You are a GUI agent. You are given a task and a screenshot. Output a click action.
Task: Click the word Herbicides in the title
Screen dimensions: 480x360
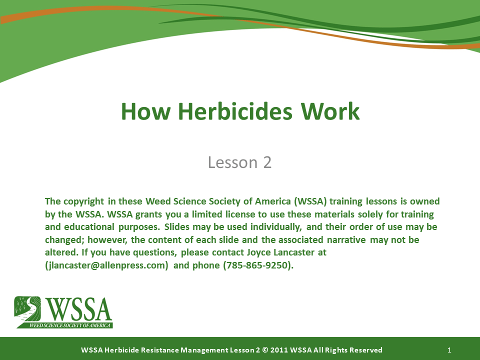235,111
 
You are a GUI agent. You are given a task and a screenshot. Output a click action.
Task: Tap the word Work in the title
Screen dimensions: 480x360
330,111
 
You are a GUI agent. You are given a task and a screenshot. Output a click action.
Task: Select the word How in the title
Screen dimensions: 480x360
145,111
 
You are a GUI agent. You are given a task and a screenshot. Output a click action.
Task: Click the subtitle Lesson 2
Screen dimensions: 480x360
239,162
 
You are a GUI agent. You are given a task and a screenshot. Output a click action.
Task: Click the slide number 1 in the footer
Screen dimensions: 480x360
449,350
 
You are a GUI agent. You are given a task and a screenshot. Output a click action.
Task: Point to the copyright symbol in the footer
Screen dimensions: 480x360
265,350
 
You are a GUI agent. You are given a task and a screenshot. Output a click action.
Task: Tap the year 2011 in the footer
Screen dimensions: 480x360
278,350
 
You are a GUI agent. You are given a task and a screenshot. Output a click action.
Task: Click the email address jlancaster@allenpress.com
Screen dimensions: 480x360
106,265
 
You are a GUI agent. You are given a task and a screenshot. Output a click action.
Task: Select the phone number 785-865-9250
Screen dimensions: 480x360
257,265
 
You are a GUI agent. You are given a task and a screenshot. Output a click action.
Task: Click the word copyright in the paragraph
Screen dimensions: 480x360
84,201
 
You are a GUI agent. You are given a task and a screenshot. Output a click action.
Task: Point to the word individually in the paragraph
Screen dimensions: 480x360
276,227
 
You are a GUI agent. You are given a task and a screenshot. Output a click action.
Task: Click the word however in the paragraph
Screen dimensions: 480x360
107,239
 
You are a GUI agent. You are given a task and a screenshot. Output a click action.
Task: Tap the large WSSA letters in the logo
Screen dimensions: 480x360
79,309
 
